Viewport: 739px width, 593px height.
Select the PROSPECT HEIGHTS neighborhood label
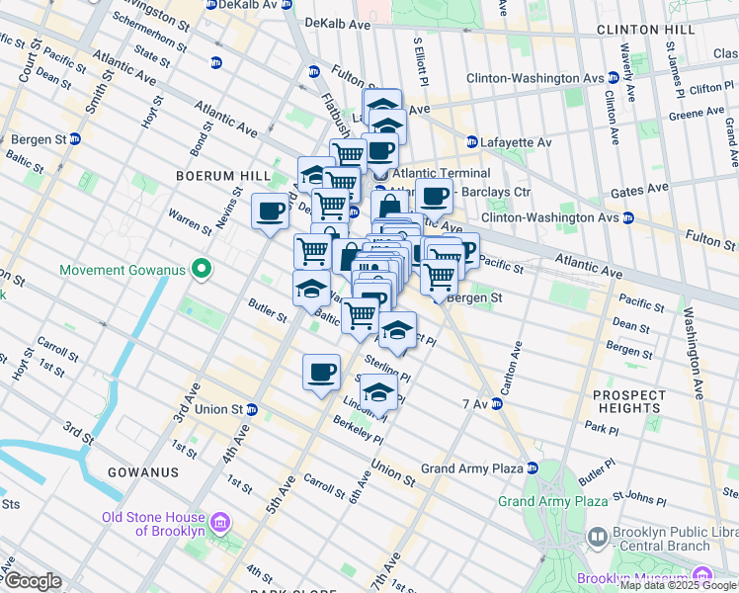[628, 401]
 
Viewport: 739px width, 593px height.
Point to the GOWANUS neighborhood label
[144, 472]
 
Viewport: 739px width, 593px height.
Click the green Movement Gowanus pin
[202, 269]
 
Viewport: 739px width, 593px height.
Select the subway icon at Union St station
[253, 409]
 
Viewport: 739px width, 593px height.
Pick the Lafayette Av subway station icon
[472, 142]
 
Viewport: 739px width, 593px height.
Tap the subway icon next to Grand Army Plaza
[533, 468]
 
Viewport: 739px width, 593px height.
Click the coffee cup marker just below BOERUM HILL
[270, 211]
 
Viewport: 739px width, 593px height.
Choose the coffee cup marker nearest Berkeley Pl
[321, 372]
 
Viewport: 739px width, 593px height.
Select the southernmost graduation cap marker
[378, 391]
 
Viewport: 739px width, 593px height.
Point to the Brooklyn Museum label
[632, 578]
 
